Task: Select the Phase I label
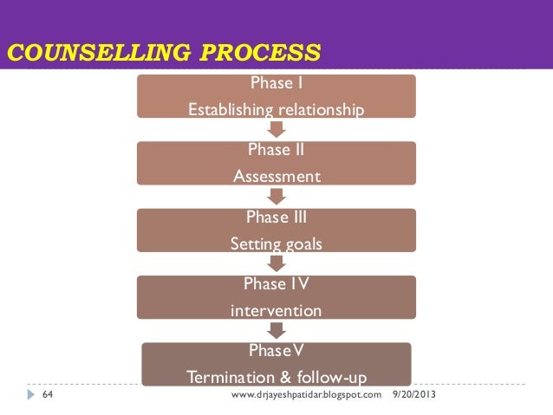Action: [x=276, y=84]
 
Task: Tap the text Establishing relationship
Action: [x=276, y=110]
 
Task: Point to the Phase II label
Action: [x=276, y=150]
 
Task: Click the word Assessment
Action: [x=276, y=177]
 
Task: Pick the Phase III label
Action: [x=276, y=217]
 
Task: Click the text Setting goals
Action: [x=276, y=244]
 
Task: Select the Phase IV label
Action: [x=276, y=284]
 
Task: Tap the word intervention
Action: [x=276, y=310]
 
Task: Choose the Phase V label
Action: [x=276, y=351]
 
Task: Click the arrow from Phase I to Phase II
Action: [x=276, y=129]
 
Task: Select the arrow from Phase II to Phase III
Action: [x=276, y=197]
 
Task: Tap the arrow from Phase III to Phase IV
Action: [x=276, y=263]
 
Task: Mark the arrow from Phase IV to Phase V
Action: [x=276, y=330]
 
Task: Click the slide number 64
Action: [x=48, y=395]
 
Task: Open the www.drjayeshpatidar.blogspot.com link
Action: [x=307, y=395]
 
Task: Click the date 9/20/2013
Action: [x=416, y=395]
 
